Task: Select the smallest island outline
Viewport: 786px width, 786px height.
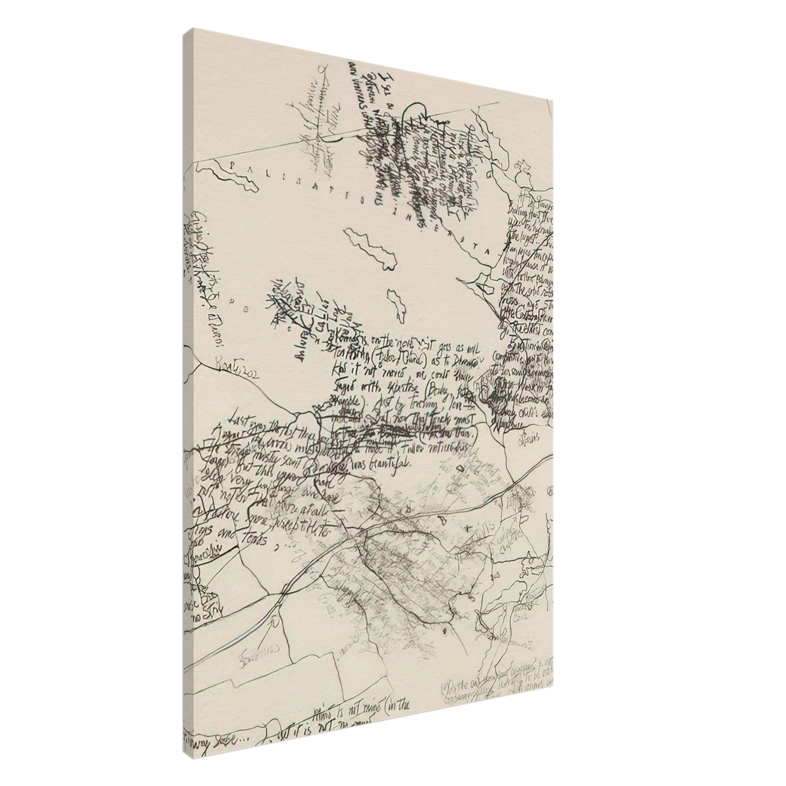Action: tap(396, 305)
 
